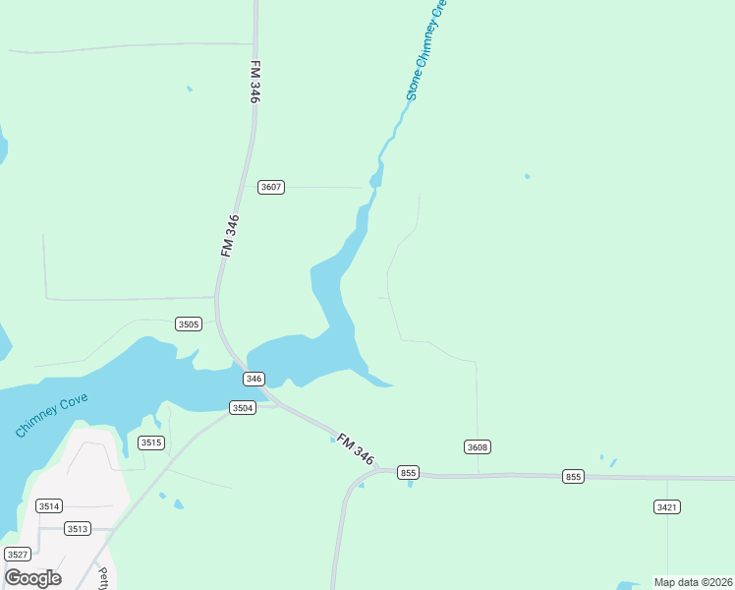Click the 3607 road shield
coord(271,187)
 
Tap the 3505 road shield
coord(189,324)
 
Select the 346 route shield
coord(254,379)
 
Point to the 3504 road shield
coord(242,407)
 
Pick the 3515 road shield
coord(151,442)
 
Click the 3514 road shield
coord(49,505)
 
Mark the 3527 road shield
coord(18,554)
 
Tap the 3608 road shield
coord(478,447)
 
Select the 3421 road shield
coord(666,506)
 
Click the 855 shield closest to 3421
coord(574,477)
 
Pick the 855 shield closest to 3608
coord(409,473)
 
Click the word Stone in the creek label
coord(414,88)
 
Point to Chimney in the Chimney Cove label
coord(36,420)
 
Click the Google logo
coord(32,577)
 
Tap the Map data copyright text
coord(693,582)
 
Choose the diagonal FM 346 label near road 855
coord(356,449)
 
